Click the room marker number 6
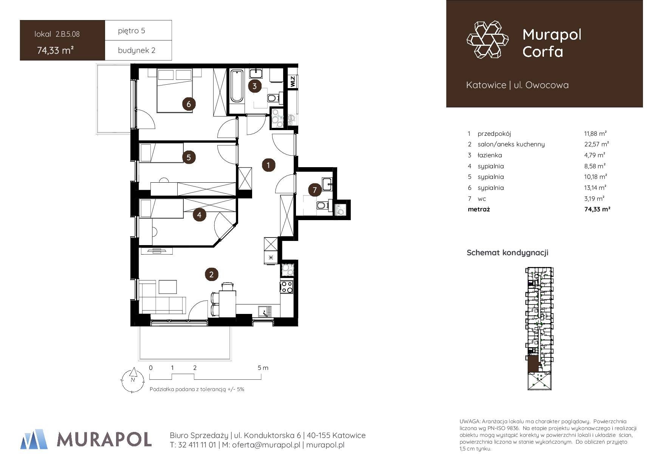pos(189,104)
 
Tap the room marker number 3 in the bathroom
pos(254,86)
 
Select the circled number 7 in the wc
pos(315,190)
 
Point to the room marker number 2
pos(211,275)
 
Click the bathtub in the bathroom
pos(237,86)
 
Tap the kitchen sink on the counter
pos(265,311)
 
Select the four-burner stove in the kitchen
pos(287,287)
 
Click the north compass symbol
pos(133,380)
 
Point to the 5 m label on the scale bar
pos(263,368)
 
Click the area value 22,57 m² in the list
pos(596,144)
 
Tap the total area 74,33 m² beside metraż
pos(597,209)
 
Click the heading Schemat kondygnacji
pos(507,253)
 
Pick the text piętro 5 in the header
pos(131,31)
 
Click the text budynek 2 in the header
pos(136,50)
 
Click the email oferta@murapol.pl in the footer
pos(261,445)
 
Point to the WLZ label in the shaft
pos(293,81)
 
